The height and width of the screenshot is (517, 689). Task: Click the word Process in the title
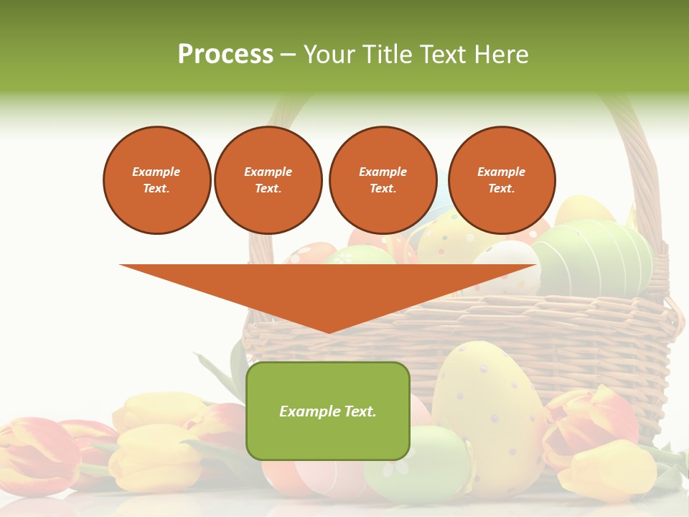point(225,55)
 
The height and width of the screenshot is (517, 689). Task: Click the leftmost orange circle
point(156,180)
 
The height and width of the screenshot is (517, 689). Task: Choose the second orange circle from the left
point(268,180)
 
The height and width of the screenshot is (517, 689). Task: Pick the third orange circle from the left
point(383,180)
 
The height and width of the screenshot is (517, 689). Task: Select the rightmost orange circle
point(501,180)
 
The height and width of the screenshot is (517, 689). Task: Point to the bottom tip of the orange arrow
point(329,332)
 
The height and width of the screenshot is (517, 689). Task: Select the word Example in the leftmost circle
point(156,172)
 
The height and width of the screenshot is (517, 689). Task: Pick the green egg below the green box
point(416,467)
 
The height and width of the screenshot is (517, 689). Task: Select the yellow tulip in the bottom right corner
point(610,470)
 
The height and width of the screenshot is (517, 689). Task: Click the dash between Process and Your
point(289,55)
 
